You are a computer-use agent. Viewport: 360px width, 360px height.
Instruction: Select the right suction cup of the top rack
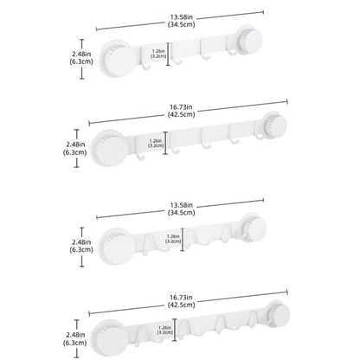tap(250, 40)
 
